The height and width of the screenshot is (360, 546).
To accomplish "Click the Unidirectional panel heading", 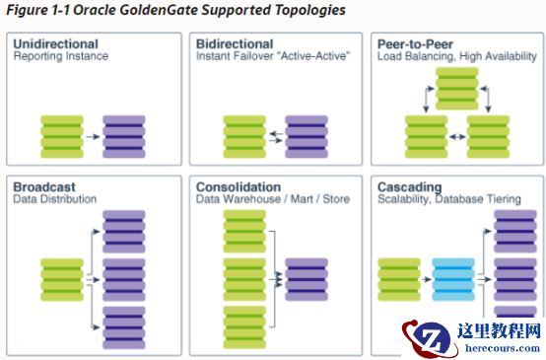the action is click(x=56, y=44).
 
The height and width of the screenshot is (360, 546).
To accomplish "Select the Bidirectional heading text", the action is click(x=235, y=44).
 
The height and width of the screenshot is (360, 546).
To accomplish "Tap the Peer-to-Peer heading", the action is click(x=415, y=44).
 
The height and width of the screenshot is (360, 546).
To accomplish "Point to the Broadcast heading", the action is click(x=44, y=186).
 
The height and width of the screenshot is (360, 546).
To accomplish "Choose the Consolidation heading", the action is click(x=239, y=186).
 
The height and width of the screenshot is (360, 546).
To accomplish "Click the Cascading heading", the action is click(x=410, y=187).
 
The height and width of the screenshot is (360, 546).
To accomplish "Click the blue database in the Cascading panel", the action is click(x=453, y=279).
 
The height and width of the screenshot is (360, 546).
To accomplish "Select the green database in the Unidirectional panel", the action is click(x=62, y=137).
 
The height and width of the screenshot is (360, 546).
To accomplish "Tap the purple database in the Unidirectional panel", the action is click(x=124, y=137).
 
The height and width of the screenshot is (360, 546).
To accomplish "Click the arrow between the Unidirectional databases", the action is click(x=93, y=137).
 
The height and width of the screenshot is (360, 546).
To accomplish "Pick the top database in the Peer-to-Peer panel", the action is click(x=457, y=89).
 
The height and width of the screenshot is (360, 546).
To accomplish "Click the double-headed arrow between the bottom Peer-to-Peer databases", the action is click(x=457, y=137).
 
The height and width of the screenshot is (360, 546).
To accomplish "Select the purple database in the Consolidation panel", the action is click(x=307, y=279).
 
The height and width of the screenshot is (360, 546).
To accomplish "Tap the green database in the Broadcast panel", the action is click(x=62, y=279).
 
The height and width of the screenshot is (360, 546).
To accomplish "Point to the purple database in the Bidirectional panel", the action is click(x=307, y=137).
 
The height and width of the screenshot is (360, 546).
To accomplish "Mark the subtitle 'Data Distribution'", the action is click(x=54, y=199).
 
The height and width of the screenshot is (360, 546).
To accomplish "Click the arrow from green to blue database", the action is click(x=426, y=279).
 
